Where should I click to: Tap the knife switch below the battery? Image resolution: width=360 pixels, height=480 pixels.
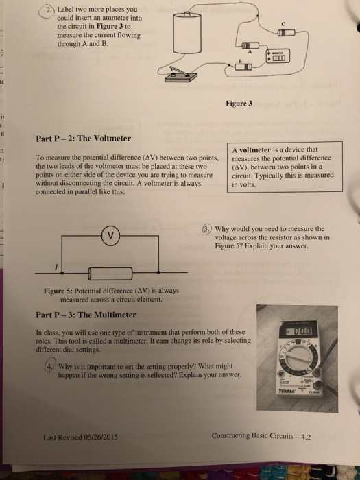(x=184, y=80)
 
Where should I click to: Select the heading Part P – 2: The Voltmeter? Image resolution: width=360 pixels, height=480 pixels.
(x=83, y=139)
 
